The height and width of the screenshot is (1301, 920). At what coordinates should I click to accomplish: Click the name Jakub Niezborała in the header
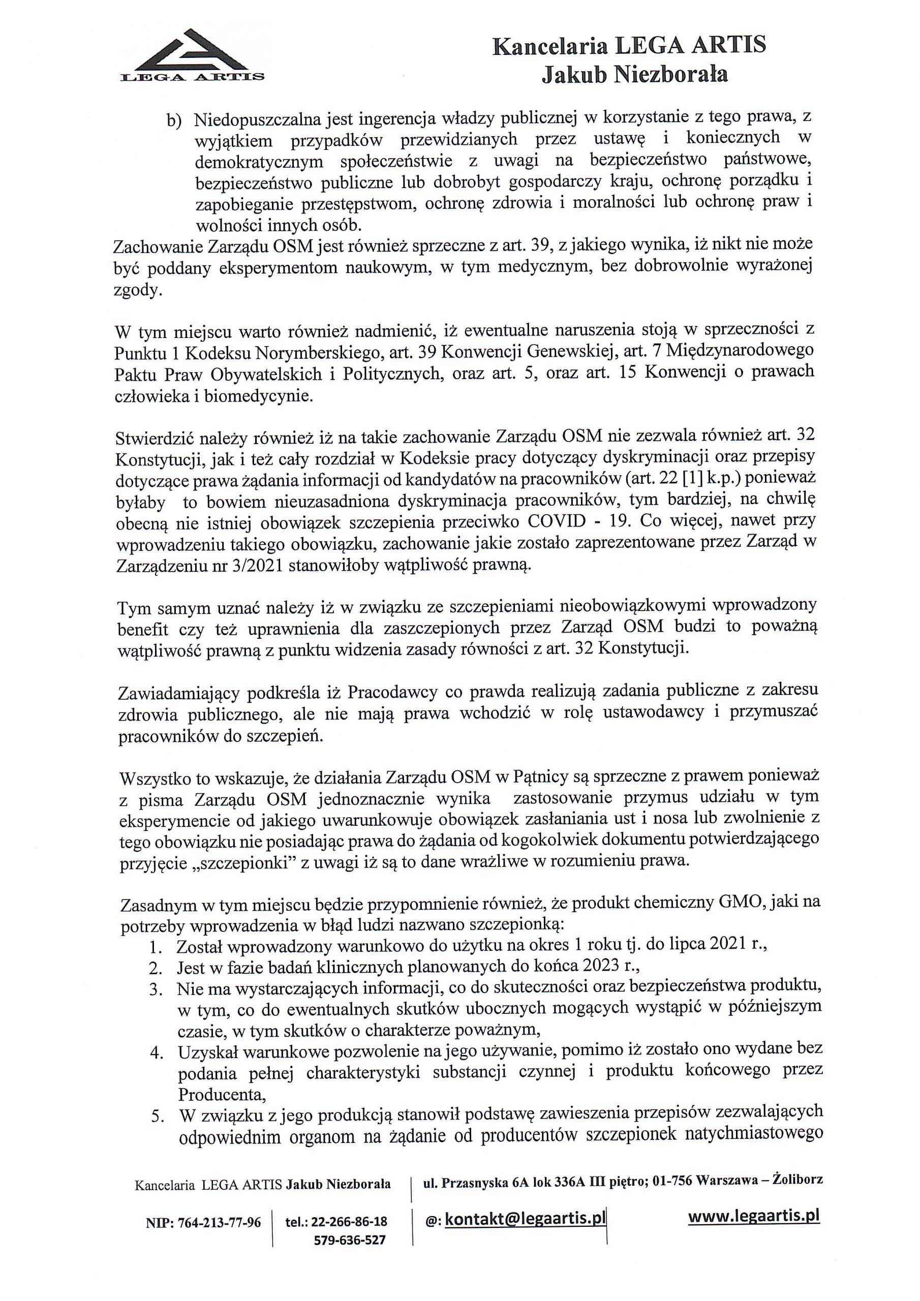634,74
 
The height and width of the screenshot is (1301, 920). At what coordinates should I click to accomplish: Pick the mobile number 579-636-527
349,1240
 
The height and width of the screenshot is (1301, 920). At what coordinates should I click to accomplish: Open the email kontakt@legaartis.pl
525,1219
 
